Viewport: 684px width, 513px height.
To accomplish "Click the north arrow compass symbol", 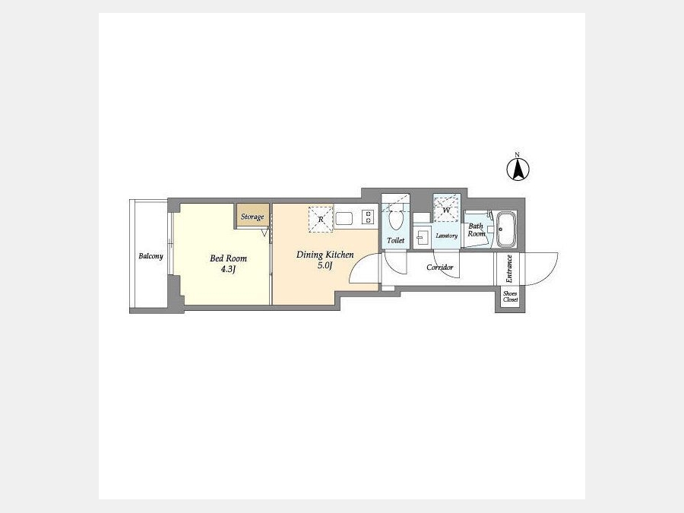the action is click(x=518, y=169).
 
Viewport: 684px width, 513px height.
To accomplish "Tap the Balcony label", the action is click(x=151, y=256).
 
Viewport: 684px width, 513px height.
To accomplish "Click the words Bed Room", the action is click(x=228, y=258).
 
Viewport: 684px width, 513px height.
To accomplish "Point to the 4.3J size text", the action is click(x=228, y=269).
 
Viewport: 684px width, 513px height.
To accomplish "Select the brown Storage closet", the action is click(x=253, y=215).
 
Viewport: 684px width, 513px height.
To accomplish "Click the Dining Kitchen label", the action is click(x=325, y=255).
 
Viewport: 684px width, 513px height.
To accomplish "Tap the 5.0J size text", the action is click(x=325, y=265).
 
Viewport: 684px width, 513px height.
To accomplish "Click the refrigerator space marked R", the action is click(x=321, y=219).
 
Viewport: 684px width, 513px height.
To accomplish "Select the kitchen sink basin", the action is click(x=344, y=218).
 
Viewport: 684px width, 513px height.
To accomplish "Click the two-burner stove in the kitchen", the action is click(x=368, y=217).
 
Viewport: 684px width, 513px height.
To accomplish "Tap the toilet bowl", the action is click(x=396, y=220).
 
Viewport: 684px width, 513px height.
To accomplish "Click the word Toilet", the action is click(x=396, y=240).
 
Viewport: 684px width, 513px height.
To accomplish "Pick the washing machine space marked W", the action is click(x=447, y=210).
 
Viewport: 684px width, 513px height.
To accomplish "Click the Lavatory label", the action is click(x=447, y=236).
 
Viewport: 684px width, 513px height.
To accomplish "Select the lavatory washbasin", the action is click(x=422, y=238).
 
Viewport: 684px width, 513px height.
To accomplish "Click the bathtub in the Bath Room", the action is click(x=506, y=230).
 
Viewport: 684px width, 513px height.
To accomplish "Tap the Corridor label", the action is click(x=440, y=268).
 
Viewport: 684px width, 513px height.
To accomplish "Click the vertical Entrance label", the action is click(x=509, y=269).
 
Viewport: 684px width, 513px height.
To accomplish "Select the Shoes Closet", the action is click(x=510, y=297).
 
